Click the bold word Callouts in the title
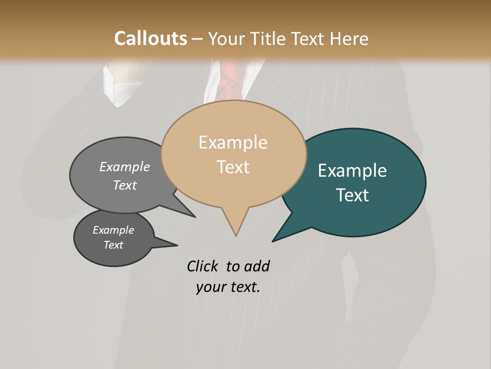click(150, 38)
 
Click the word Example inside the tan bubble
click(233, 142)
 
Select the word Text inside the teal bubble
click(353, 195)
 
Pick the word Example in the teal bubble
click(352, 171)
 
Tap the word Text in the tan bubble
click(233, 167)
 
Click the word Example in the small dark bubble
click(113, 230)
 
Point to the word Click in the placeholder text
click(204, 266)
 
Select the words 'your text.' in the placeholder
click(228, 287)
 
